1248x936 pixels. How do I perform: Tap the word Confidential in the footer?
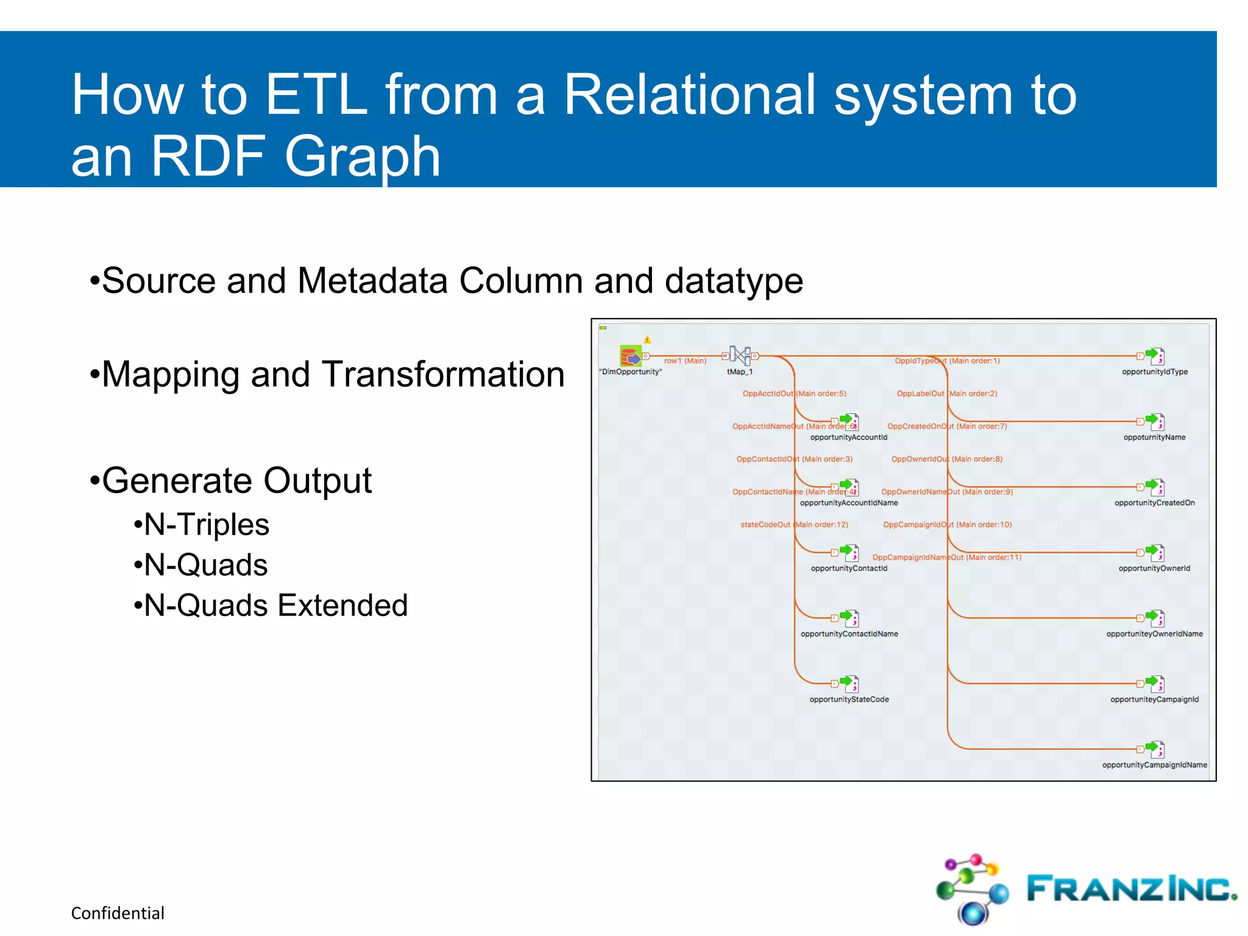(x=118, y=913)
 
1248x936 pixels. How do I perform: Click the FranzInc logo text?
(x=1131, y=888)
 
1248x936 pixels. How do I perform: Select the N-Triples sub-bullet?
(x=206, y=525)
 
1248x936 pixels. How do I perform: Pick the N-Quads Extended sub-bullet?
(x=275, y=605)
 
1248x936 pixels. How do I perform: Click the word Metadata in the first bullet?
(x=372, y=281)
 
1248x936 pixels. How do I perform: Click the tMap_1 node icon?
(x=740, y=356)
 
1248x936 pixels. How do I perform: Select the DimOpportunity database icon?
(x=630, y=355)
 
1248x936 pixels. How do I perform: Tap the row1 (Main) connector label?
(x=685, y=361)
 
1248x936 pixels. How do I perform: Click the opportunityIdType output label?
(x=1155, y=372)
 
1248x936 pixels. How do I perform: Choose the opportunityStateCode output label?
(x=849, y=700)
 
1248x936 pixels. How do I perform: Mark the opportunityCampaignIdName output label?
(x=1154, y=765)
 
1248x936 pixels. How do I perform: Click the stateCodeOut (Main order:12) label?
(x=794, y=525)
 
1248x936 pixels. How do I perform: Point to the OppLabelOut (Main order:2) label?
(x=946, y=394)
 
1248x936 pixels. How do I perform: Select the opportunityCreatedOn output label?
(x=1154, y=503)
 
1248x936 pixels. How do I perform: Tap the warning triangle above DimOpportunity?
(x=647, y=339)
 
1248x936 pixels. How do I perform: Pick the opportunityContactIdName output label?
(x=849, y=634)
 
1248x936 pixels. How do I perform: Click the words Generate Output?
(x=236, y=481)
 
